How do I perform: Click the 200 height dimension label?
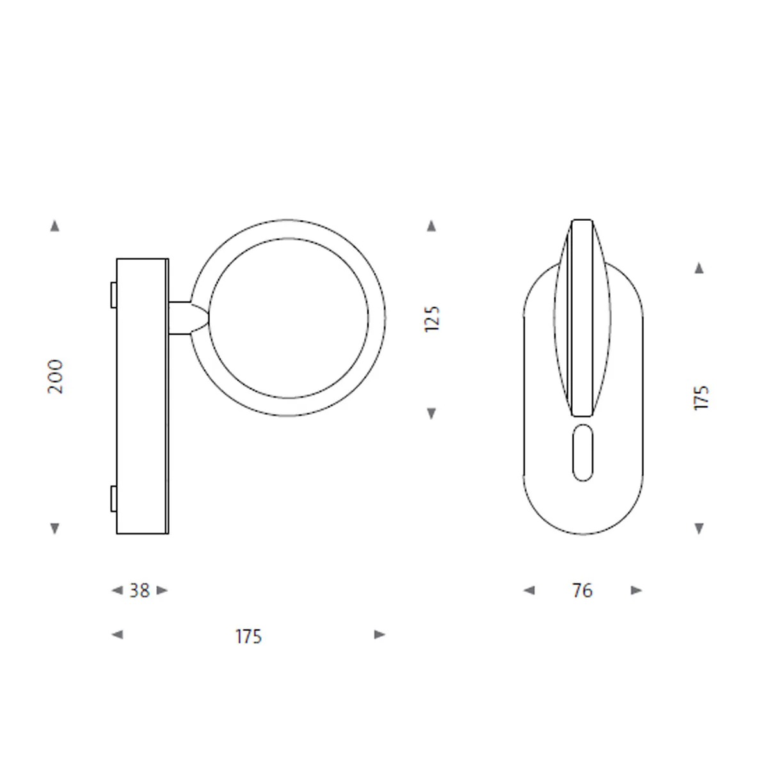[x=55, y=376]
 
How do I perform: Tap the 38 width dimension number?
[x=140, y=591]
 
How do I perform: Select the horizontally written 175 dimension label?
[x=248, y=636]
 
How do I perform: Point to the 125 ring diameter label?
[x=431, y=319]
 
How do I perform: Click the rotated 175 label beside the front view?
[x=701, y=397]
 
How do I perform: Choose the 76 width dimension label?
[x=582, y=591]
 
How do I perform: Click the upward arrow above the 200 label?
[x=54, y=225]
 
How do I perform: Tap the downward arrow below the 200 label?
[x=54, y=529]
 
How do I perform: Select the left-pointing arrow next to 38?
[x=117, y=590]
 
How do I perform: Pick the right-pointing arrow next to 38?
[x=162, y=590]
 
